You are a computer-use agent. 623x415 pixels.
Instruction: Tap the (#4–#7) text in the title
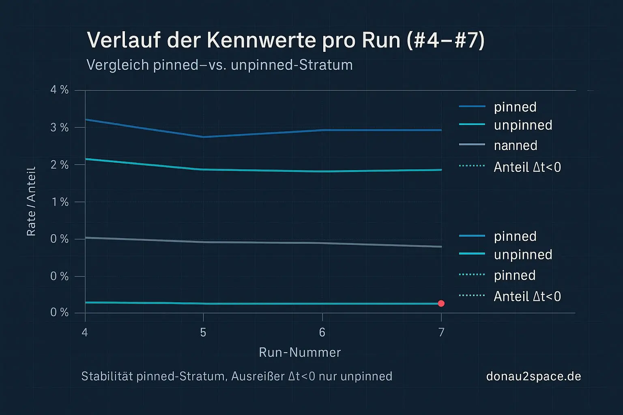tap(446, 41)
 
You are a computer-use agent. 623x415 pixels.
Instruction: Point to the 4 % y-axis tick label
tap(60, 90)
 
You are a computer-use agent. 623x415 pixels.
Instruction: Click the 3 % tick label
tap(60, 128)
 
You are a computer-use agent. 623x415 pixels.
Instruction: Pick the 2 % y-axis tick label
tap(60, 165)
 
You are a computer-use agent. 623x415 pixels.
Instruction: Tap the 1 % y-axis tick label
tap(60, 202)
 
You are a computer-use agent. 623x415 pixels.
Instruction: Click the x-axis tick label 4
tap(85, 333)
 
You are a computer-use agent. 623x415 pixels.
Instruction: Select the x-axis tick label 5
tap(203, 333)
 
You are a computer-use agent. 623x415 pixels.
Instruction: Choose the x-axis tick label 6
tap(322, 333)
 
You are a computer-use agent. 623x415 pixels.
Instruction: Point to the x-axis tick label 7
tap(441, 333)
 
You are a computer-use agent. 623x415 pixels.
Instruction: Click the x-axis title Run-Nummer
tap(300, 353)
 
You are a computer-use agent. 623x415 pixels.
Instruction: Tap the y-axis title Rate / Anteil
tap(31, 201)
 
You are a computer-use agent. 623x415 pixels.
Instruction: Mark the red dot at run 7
tap(441, 304)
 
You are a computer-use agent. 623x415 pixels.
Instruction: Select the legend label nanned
tap(516, 145)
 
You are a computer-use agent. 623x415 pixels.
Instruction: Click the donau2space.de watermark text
tap(533, 376)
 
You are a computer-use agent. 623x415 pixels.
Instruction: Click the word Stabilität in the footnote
tap(107, 376)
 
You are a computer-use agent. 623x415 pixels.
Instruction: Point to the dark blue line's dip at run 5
tap(203, 137)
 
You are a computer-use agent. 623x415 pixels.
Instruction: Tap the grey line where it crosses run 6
tap(322, 243)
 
